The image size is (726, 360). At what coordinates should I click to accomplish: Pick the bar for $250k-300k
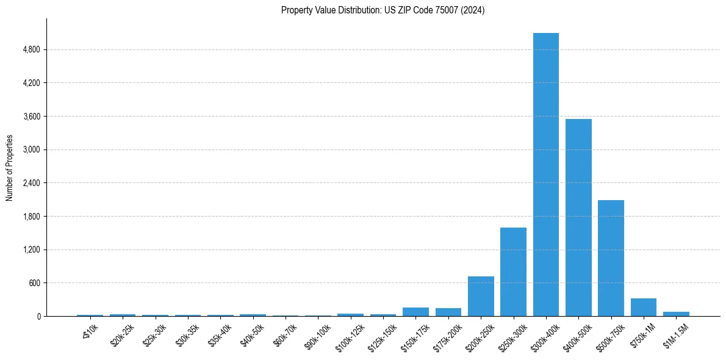click(513, 272)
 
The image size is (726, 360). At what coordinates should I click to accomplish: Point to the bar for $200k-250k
click(481, 297)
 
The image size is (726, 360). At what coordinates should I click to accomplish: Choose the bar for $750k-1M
click(643, 308)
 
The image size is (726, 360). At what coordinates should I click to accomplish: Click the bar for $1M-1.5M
click(676, 314)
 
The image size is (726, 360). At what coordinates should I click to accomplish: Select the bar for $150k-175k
click(415, 312)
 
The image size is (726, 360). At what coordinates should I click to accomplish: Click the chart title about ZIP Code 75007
click(383, 10)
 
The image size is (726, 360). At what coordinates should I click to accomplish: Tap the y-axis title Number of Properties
click(10, 168)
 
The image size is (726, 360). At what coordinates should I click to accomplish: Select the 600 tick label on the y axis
click(34, 283)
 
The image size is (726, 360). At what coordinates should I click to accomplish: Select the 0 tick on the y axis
click(38, 317)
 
